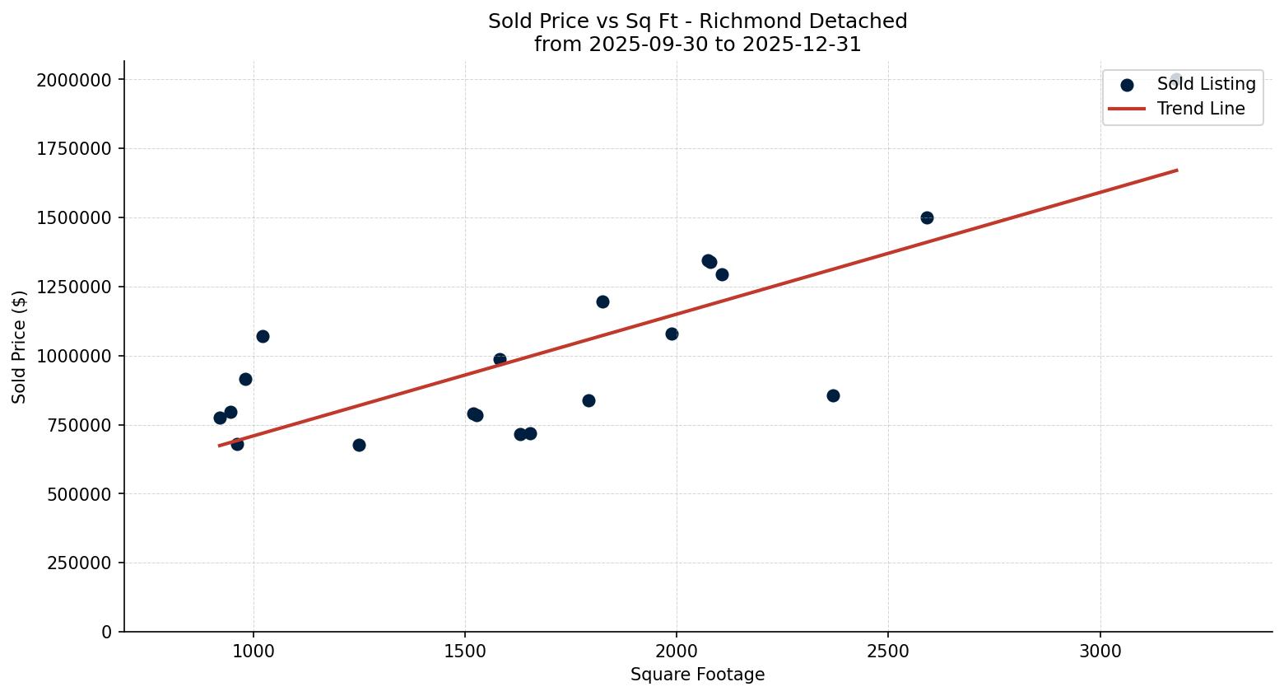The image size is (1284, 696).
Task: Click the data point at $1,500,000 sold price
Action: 927,217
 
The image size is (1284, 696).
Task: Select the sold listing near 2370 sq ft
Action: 833,395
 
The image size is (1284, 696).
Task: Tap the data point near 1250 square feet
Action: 359,445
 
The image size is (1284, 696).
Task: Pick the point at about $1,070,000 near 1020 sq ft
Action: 263,336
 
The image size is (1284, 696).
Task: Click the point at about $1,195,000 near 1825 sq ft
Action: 602,301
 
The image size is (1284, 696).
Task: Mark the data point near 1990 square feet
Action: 672,334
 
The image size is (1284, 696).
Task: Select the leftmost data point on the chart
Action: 220,418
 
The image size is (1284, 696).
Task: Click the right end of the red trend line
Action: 1177,170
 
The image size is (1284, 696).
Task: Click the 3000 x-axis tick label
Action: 1100,651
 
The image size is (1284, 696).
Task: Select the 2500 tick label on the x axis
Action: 888,651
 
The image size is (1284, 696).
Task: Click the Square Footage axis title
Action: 697,675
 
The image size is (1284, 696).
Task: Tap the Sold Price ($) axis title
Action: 20,346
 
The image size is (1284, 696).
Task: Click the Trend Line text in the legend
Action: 1201,109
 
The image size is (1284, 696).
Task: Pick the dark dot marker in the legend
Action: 1127,84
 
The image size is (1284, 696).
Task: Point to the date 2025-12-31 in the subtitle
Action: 803,44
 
